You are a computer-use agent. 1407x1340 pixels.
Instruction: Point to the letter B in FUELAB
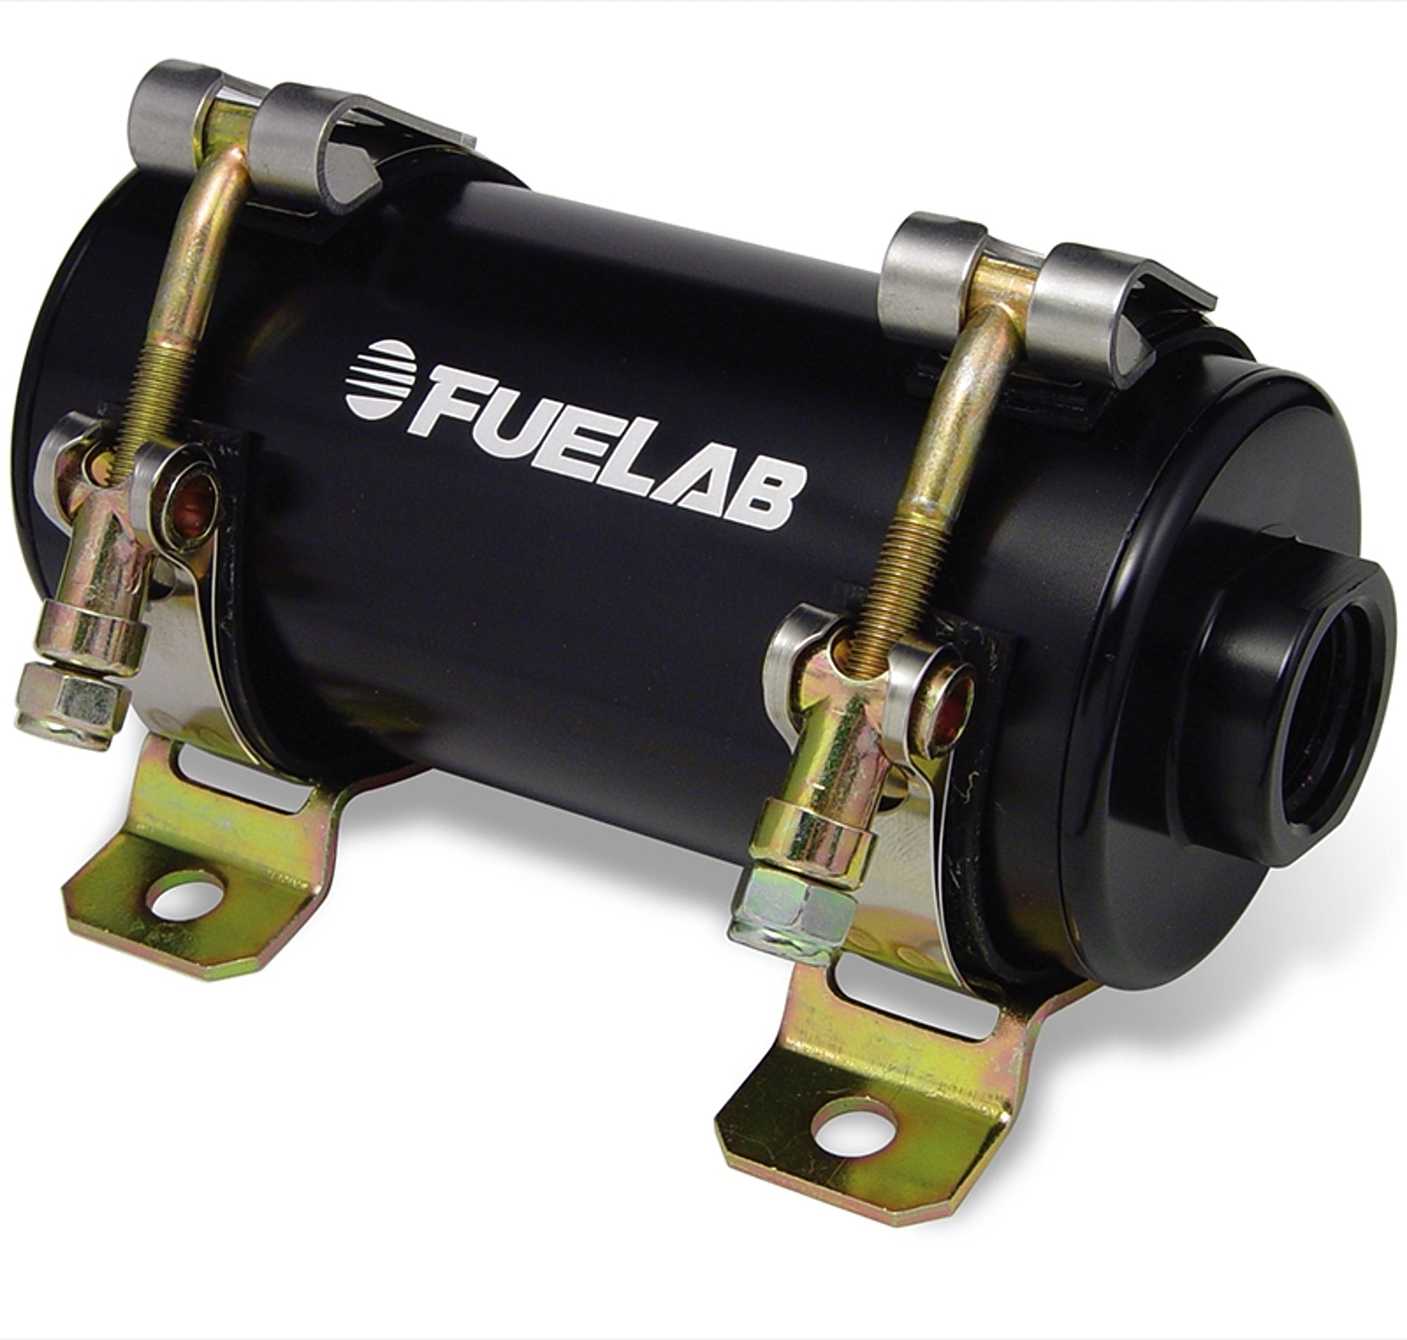(770, 492)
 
